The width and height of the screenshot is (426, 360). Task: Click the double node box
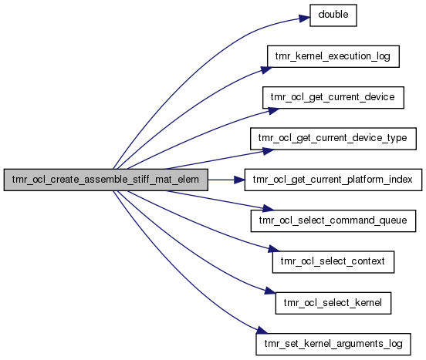click(333, 15)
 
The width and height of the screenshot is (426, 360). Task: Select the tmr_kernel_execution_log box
click(333, 56)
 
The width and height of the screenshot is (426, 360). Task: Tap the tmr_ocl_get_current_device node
click(333, 97)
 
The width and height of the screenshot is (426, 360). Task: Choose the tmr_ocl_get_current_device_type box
click(333, 138)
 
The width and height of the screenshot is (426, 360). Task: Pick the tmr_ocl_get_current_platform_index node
click(333, 180)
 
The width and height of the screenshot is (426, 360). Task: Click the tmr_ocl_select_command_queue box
click(333, 220)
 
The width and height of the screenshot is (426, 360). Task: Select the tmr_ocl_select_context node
click(333, 262)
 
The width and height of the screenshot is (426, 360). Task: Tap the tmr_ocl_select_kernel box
click(333, 303)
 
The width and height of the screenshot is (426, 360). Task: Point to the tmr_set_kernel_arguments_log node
click(333, 344)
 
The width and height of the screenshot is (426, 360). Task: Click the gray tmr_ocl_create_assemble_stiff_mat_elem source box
click(106, 180)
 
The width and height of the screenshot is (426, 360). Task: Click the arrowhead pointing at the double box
click(305, 19)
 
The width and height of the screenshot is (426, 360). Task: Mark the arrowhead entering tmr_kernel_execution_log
click(266, 69)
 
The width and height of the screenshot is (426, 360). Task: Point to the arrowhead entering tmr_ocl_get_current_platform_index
click(239, 180)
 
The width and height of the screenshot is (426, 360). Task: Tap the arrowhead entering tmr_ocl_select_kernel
click(270, 291)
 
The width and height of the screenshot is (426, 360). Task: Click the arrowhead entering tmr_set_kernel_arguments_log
click(262, 330)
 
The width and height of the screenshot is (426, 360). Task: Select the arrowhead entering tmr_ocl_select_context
click(274, 249)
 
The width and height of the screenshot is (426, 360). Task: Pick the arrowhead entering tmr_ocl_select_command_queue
click(269, 208)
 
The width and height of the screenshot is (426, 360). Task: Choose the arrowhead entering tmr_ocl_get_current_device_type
click(269, 151)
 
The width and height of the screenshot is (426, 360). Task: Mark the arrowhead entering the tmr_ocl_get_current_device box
click(274, 111)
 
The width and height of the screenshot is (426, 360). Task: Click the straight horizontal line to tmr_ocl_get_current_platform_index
click(221, 180)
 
